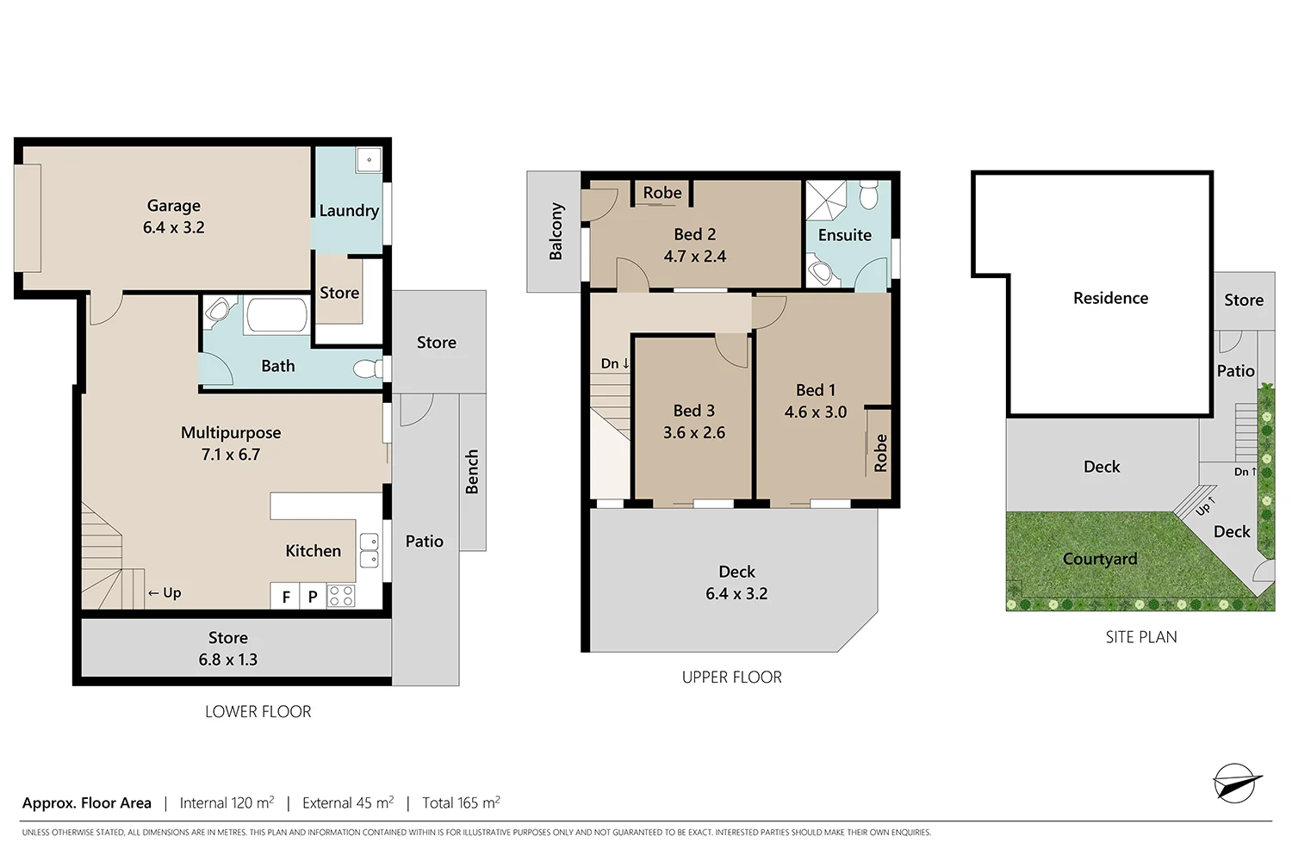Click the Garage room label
[x=173, y=206]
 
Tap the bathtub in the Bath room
[x=276, y=316]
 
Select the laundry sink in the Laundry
[x=369, y=160]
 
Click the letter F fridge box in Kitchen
[x=285, y=596]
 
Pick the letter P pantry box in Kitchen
[x=313, y=596]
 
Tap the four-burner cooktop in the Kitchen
[x=341, y=596]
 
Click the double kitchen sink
[x=369, y=550]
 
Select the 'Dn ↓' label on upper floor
[x=614, y=363]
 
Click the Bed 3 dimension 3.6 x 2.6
[x=693, y=433]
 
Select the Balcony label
[x=556, y=232]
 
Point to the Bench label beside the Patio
[x=472, y=472]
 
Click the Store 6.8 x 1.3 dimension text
[x=227, y=660]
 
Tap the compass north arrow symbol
[x=1235, y=783]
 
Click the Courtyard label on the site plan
[x=1099, y=559]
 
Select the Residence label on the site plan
[x=1109, y=298]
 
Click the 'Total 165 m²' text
[x=461, y=802]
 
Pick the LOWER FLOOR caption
[x=258, y=711]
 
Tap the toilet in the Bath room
[x=369, y=369]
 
